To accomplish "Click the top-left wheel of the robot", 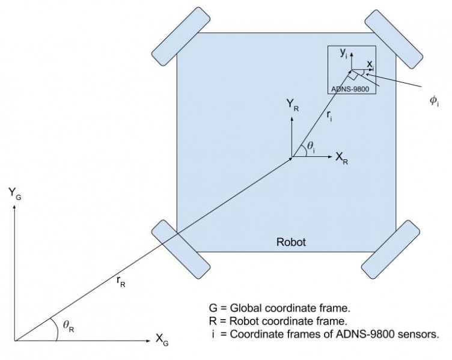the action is (181, 36).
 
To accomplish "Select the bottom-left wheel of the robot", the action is (181, 249).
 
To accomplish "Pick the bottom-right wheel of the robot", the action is (391, 249).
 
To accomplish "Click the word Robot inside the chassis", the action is (291, 242).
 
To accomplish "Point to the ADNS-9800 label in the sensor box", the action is (350, 89).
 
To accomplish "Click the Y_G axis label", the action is (14, 193).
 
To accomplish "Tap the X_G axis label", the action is (162, 340).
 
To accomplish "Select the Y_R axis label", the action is (293, 105).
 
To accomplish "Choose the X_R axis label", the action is (341, 158).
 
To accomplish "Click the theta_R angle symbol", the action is (69, 326).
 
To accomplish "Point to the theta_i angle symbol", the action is (311, 147).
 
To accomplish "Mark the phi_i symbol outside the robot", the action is (434, 101).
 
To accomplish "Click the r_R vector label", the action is (121, 281).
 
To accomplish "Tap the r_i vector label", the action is (329, 117).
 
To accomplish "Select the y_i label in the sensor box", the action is (343, 53).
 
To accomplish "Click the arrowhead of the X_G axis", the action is (148, 341).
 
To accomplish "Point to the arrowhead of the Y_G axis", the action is (14, 207).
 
